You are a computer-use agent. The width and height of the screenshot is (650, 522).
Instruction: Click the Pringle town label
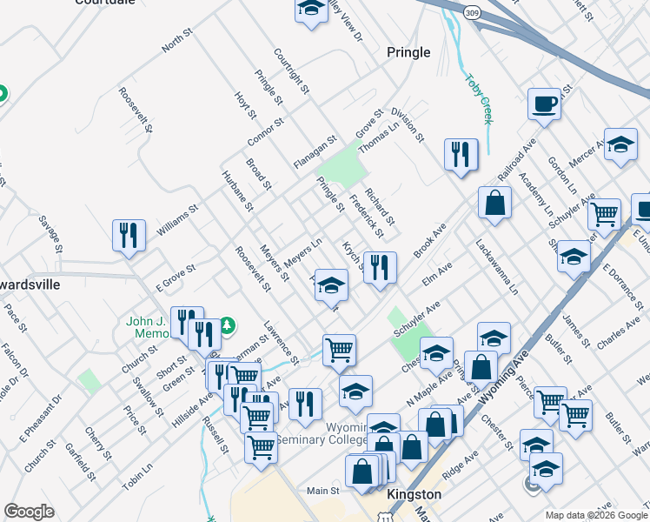[408, 52]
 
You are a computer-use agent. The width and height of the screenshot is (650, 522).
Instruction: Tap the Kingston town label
[413, 494]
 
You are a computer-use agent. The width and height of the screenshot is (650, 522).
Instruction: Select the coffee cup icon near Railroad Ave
[544, 104]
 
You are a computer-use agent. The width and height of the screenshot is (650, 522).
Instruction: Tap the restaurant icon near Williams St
[129, 236]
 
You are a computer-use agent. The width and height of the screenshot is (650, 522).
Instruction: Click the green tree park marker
[228, 325]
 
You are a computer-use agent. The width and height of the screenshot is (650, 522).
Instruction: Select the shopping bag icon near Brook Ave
[494, 204]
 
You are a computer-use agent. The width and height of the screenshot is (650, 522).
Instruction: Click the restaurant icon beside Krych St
[380, 267]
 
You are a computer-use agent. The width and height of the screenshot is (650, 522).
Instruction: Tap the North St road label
[175, 41]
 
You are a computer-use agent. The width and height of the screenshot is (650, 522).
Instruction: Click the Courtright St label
[292, 70]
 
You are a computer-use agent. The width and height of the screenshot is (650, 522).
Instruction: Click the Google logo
[29, 512]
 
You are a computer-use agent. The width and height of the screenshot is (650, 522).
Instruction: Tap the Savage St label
[48, 235]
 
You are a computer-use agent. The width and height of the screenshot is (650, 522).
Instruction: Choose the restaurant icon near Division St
[461, 156]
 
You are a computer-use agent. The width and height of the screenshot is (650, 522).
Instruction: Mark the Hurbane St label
[236, 191]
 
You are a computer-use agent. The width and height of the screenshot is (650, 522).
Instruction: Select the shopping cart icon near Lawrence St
[338, 351]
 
